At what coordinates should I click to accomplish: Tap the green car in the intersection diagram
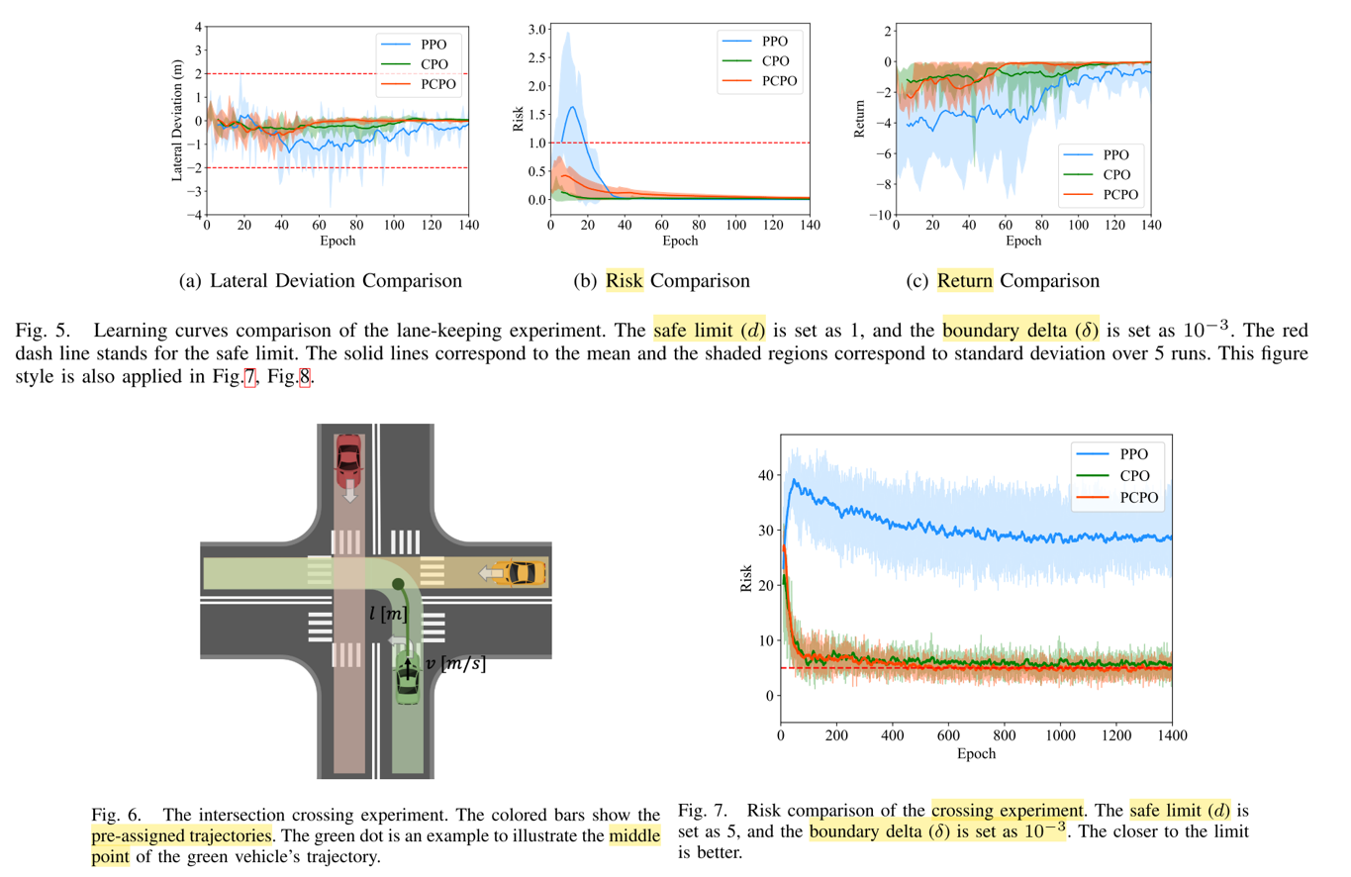pyautogui.click(x=408, y=680)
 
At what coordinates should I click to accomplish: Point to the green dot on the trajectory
pyautogui.click(x=397, y=584)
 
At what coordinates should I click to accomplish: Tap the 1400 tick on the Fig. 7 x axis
pyautogui.click(x=1172, y=736)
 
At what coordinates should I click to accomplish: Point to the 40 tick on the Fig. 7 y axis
pyautogui.click(x=763, y=475)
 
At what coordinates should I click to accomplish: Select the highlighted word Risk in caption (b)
pyautogui.click(x=625, y=280)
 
